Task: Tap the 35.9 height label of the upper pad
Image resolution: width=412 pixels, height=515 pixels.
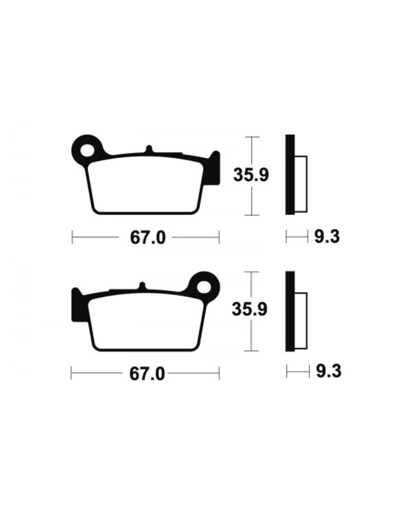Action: [251, 175]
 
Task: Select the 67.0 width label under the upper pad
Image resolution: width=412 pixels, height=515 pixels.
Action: [148, 238]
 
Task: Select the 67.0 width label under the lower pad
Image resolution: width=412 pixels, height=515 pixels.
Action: [147, 374]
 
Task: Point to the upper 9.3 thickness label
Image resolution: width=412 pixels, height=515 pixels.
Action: [327, 237]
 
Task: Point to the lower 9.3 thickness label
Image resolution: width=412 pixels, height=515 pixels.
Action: [329, 371]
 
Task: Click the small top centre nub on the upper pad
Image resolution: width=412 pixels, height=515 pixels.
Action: [149, 149]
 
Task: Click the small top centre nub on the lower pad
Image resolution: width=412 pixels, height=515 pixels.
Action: [142, 286]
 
